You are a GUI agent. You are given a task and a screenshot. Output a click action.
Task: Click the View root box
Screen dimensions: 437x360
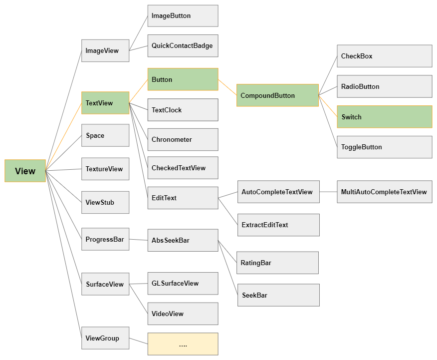point(25,171)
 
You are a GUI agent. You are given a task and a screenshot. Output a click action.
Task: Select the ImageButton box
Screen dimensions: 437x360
point(183,16)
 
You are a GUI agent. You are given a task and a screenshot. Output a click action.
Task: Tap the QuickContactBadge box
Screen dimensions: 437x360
point(183,46)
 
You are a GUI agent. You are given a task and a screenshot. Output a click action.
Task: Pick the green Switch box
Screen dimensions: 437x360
point(385,116)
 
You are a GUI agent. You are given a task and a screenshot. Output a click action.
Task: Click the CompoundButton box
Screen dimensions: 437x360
point(277,95)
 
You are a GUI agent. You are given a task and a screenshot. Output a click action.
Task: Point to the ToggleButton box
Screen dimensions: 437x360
point(385,147)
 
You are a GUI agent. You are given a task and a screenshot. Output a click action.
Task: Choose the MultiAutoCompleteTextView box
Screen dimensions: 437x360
point(385,192)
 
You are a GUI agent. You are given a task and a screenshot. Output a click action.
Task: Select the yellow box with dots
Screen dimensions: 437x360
point(183,344)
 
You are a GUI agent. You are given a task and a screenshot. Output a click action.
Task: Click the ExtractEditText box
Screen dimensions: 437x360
point(278,225)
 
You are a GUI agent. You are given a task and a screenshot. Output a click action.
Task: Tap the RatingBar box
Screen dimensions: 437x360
point(277,263)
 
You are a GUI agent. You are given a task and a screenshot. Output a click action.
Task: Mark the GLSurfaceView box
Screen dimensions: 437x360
point(183,283)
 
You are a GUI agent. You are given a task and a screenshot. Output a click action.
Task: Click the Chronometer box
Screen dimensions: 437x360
point(183,139)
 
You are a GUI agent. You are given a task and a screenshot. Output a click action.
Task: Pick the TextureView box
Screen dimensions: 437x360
point(105,169)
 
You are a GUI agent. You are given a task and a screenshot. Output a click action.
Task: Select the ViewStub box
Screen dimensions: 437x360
point(105,202)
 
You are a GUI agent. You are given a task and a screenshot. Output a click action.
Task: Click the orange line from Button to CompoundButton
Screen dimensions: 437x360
point(227,87)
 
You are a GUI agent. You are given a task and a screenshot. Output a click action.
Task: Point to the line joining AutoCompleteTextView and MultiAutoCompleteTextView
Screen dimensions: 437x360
point(328,192)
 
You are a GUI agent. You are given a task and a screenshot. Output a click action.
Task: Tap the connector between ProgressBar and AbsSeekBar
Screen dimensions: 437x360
point(139,240)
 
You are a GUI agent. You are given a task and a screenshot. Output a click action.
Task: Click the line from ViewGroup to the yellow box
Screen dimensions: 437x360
point(139,341)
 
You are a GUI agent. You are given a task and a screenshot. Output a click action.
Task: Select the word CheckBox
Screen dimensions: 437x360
point(357,56)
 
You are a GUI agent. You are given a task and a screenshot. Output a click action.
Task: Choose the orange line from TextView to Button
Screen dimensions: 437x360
point(139,91)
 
